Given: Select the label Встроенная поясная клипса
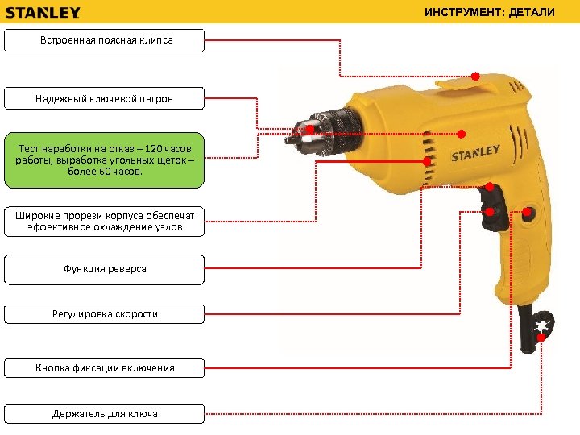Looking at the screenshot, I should click(x=105, y=40).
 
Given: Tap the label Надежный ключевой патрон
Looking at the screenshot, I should click(x=105, y=98).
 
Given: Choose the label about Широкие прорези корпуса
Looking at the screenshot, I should click(x=105, y=221).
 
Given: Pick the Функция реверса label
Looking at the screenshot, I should click(x=105, y=269).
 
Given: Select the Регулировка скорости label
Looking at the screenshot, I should click(x=105, y=314).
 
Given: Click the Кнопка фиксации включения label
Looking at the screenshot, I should click(x=105, y=368).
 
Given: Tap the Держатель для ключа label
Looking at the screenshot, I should click(x=105, y=414).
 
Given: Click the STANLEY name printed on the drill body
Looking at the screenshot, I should click(x=475, y=151).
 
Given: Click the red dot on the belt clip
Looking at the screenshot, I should click(x=475, y=77).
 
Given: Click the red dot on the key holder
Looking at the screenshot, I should click(x=541, y=337).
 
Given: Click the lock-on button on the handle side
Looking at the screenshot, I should click(x=527, y=213).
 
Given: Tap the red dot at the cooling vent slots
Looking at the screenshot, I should click(x=425, y=161).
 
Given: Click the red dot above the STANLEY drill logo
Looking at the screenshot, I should click(x=462, y=134).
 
